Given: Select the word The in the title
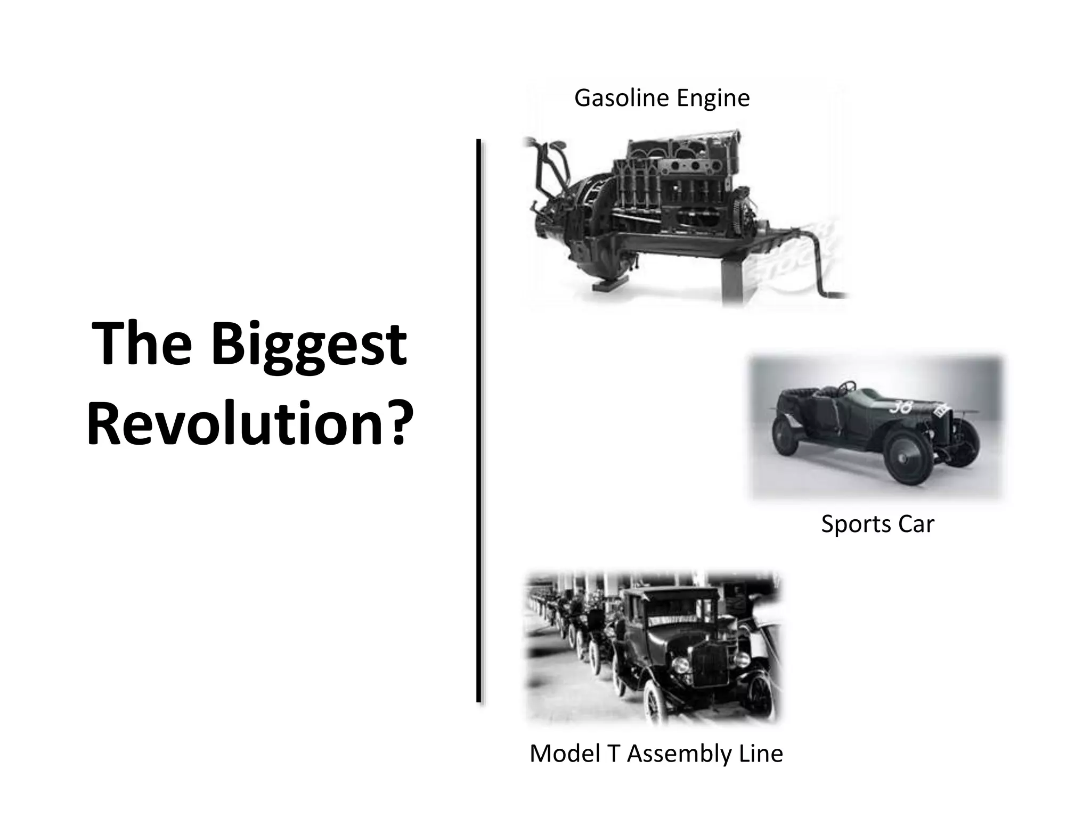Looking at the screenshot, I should coord(142,345).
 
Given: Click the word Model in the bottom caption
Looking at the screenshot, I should coord(561,754).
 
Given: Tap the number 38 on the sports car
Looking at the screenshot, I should coord(901,407).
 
